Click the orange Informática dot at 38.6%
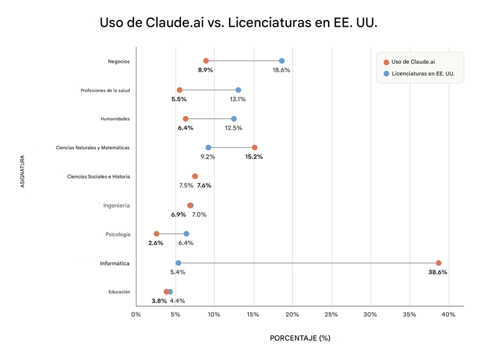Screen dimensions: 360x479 [x=438, y=263]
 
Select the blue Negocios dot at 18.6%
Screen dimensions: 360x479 [x=282, y=61]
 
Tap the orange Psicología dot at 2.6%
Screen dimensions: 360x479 [x=157, y=234]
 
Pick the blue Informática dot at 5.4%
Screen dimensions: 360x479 [x=178, y=263]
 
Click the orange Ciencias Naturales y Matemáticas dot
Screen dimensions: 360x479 [x=254, y=148]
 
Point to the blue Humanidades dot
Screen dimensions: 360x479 [x=234, y=119]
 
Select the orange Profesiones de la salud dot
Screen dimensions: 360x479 [x=180, y=90]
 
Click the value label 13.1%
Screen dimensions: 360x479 [x=238, y=99]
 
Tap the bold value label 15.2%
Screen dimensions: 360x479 [x=254, y=157]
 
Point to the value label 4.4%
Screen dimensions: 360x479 [x=177, y=301]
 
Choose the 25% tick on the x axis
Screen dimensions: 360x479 [x=331, y=314]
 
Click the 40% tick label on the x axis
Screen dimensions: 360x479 [x=448, y=314]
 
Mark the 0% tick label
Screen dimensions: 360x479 [x=136, y=314]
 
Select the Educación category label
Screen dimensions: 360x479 [x=119, y=292]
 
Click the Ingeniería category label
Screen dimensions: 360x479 [x=117, y=205]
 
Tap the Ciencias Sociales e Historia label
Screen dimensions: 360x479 [x=99, y=177]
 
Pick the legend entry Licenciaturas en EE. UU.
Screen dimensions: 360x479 [x=423, y=74]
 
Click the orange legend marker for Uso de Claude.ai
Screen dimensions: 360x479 [x=387, y=62]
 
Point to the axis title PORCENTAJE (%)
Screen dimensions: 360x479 [x=300, y=338]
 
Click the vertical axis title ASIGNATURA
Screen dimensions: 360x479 [x=23, y=172]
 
